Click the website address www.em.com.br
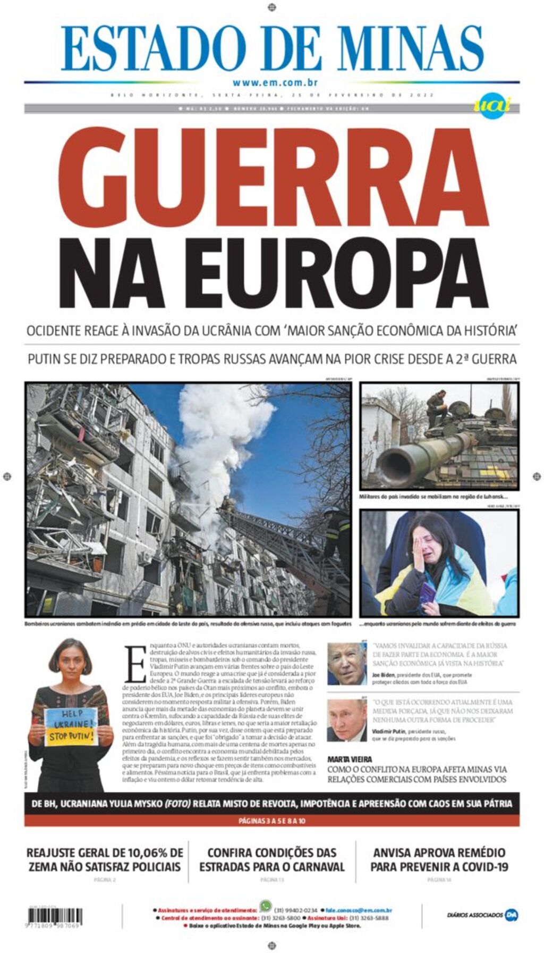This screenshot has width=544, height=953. [x=275, y=82]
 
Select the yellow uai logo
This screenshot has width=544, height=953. [x=491, y=105]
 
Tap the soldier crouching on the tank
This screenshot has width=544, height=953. [x=437, y=406]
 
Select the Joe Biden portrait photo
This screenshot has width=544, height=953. [x=346, y=663]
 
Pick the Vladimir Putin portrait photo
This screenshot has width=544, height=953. [x=346, y=720]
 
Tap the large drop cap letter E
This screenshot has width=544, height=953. [x=135, y=664]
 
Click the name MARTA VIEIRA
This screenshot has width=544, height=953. [x=350, y=759]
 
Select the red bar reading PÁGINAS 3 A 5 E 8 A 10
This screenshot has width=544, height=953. [x=271, y=821]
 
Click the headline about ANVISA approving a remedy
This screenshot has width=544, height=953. [x=439, y=859]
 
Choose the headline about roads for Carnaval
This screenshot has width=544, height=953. [x=271, y=859]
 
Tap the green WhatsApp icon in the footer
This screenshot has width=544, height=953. [x=265, y=906]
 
